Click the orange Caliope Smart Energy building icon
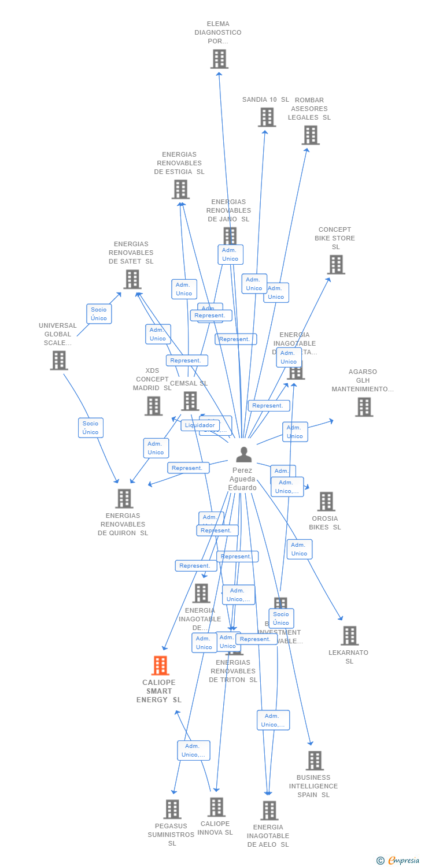point(160,666)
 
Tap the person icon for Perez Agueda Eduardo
point(244,455)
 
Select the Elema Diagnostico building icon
point(219,59)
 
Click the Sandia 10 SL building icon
point(267,117)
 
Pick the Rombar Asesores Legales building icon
point(311,135)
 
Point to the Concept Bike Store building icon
point(336,265)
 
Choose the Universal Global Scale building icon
point(58,360)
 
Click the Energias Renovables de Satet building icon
point(132,279)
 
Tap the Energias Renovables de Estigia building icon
point(180,189)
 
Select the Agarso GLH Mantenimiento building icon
point(364,407)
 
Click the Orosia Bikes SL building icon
point(326,501)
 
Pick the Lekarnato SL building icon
point(349,636)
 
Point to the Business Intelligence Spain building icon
point(315,761)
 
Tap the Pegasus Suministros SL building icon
point(172,809)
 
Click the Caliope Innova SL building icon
point(216,807)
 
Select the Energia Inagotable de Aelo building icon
point(269,810)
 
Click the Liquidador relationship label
point(200,425)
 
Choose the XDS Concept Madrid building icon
point(153,406)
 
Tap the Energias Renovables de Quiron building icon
point(124,498)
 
